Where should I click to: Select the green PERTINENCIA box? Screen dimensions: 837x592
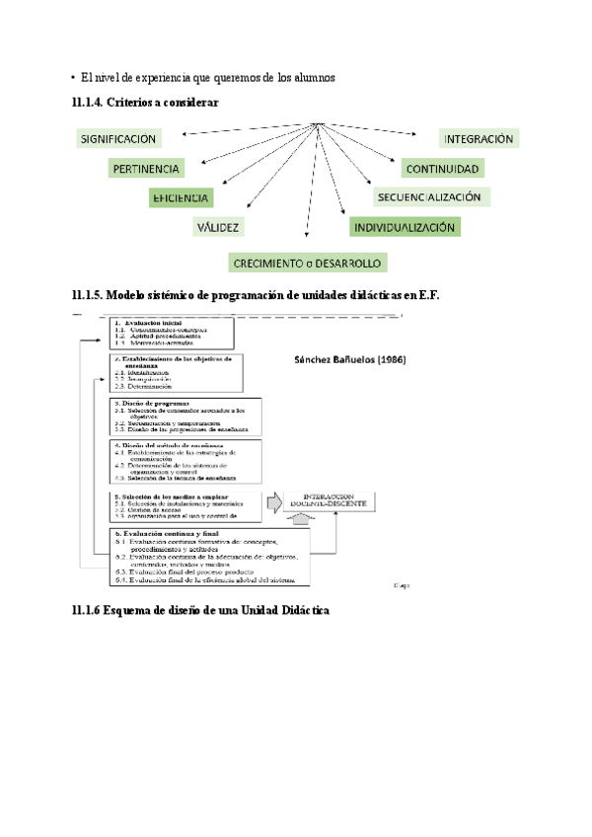145,169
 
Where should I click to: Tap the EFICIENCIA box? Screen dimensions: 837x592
180,197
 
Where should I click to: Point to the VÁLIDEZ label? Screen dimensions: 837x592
218,227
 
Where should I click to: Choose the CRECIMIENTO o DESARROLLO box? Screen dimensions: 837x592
307,263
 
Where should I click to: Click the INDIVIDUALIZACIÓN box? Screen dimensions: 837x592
405,227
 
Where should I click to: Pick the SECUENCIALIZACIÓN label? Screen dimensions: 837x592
432,197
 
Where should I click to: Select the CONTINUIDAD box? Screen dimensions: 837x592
442,169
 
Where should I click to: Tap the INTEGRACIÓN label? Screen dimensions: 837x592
478,140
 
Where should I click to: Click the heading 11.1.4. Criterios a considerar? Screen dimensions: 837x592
145,103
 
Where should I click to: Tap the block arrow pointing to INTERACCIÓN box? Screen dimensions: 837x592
273,499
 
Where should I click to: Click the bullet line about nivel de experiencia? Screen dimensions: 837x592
208,77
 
